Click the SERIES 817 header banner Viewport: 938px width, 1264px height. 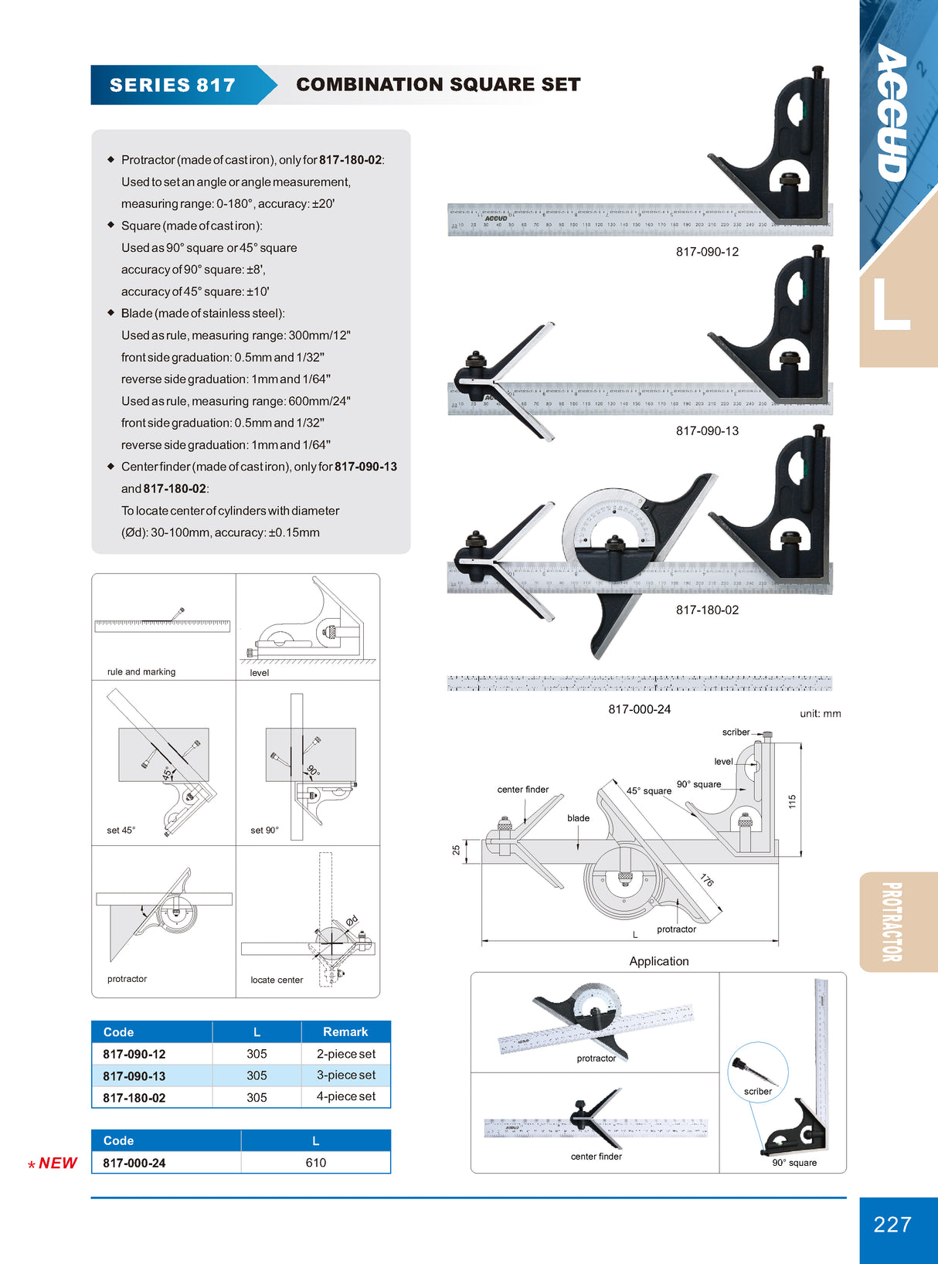coord(172,85)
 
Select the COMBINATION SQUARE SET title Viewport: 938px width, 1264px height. coord(438,84)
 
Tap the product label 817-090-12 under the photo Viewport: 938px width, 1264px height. coord(707,252)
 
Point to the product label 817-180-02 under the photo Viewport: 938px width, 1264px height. coord(707,610)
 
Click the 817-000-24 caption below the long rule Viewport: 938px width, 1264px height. coord(639,709)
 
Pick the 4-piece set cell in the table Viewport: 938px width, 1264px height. coord(345,1096)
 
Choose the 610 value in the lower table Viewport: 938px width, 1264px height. coord(315,1163)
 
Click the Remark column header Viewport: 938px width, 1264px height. coord(345,1032)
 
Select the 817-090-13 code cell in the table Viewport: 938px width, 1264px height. coord(134,1076)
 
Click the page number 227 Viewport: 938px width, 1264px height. coord(892,1225)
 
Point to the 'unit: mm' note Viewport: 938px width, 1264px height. coord(820,714)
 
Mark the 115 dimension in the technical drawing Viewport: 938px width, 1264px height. coord(792,802)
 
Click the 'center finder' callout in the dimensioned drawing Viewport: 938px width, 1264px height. coord(523,790)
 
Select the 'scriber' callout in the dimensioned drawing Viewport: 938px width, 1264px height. coord(736,732)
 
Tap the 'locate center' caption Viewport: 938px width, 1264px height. coord(277,980)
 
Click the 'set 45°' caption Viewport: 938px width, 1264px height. coord(121,831)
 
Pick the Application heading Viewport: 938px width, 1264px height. coord(658,961)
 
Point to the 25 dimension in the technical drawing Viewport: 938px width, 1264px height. coord(456,850)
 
